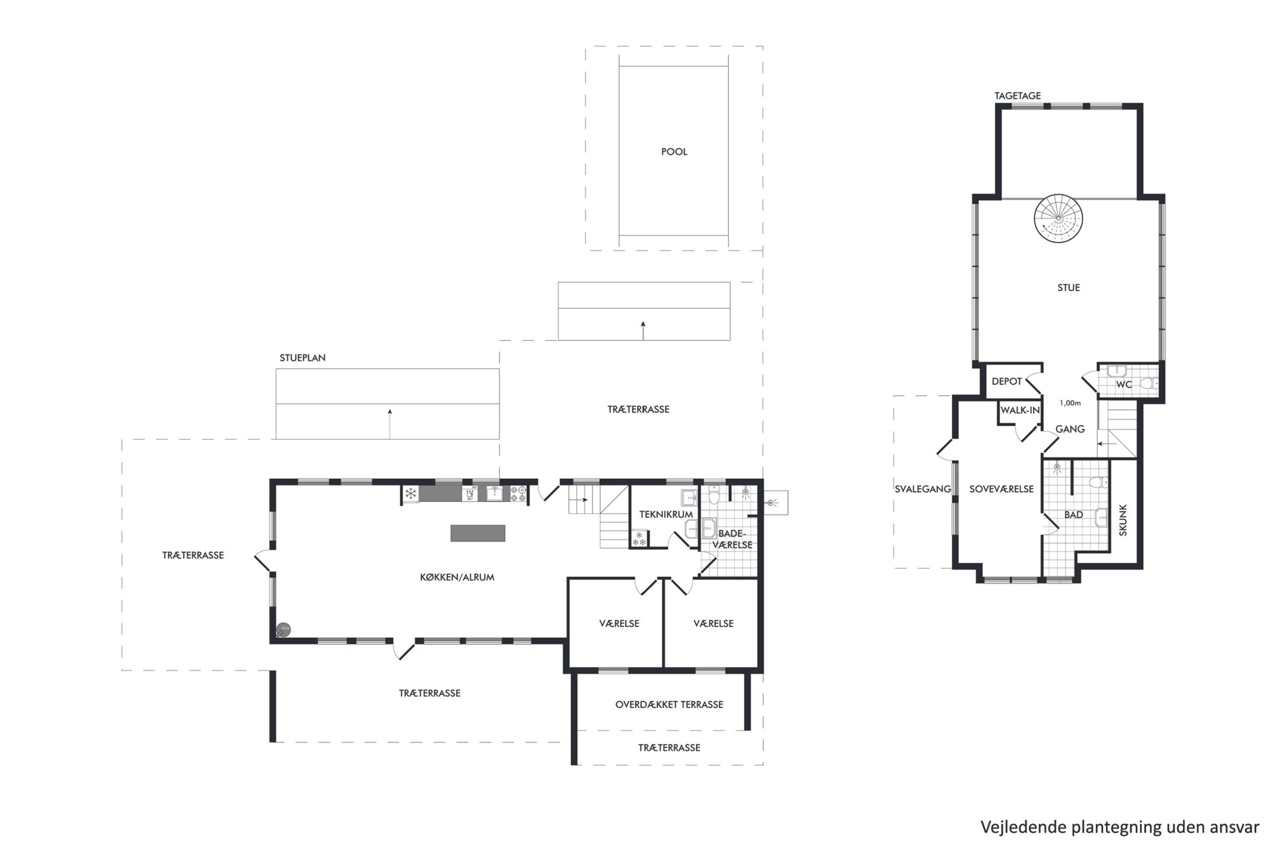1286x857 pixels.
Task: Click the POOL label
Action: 674,152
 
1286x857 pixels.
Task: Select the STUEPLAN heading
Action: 303,358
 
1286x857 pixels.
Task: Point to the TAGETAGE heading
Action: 1018,96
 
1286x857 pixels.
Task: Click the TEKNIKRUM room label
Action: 666,515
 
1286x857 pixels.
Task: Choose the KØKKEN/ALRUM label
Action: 457,577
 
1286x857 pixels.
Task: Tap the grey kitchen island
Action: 478,533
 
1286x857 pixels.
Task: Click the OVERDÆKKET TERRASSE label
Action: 669,705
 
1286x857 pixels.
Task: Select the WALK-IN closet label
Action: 1020,411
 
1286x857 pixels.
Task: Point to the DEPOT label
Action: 1007,382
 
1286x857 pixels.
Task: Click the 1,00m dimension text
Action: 1070,403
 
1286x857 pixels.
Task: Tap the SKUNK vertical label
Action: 1123,520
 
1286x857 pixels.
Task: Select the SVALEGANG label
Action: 923,489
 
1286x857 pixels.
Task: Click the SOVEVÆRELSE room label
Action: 1001,489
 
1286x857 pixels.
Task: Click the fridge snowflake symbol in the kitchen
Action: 410,494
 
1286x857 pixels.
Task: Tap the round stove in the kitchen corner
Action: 283,629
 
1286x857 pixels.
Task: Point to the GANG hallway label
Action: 1070,429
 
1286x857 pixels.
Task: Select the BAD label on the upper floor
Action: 1073,515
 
